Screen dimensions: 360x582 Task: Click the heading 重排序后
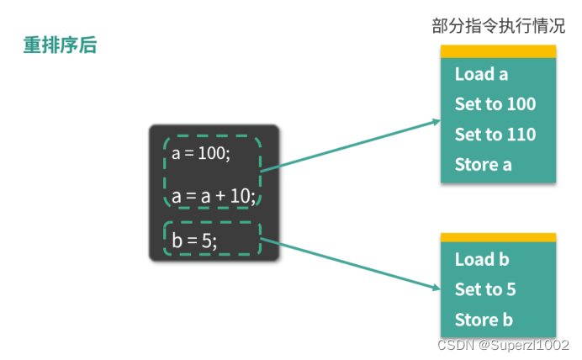[x=60, y=45]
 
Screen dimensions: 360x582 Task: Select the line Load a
[x=481, y=74]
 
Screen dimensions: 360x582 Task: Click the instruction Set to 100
[x=495, y=104]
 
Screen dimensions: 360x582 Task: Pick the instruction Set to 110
[x=495, y=135]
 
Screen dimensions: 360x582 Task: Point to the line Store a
[x=483, y=165]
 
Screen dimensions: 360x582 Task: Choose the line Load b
[x=482, y=259]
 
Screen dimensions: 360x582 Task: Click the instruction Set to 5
[x=485, y=289]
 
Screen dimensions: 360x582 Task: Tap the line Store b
[x=484, y=320]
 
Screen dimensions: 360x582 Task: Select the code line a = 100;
[x=200, y=154]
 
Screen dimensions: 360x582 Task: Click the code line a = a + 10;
[x=214, y=197]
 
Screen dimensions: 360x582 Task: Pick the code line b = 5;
[x=194, y=241]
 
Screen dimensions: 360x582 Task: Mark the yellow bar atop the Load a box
[x=498, y=52]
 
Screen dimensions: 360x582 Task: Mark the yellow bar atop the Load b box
[x=498, y=238]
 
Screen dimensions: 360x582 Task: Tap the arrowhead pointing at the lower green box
[x=434, y=288]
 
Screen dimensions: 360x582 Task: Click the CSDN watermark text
[x=503, y=345]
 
